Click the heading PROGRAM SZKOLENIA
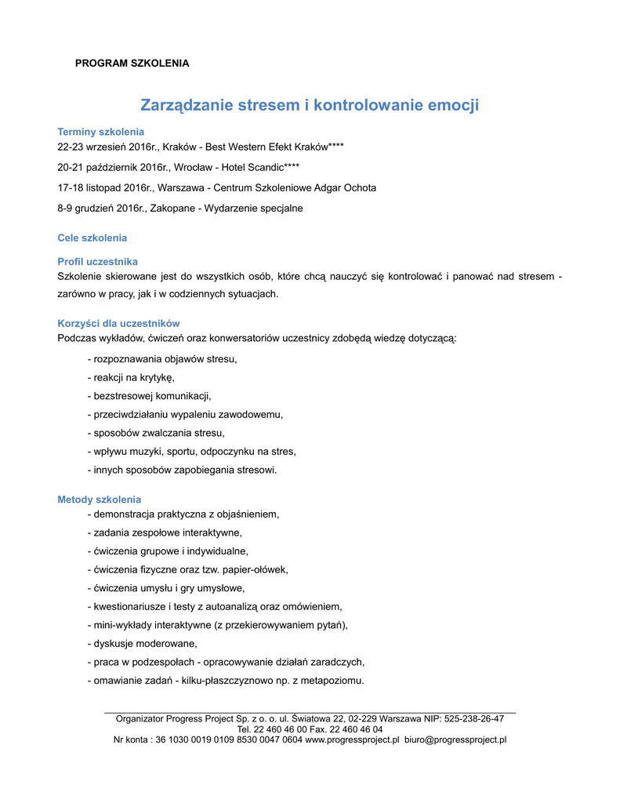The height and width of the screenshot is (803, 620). pos(132,64)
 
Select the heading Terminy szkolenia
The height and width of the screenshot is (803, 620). pos(101,132)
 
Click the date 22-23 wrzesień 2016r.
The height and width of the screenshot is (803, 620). pos(112,147)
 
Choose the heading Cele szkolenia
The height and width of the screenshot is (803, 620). pos(92,238)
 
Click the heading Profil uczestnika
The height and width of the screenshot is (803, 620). pos(98,261)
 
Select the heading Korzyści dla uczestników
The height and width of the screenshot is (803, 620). pos(118,323)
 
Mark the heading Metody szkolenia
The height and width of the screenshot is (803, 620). pos(99,500)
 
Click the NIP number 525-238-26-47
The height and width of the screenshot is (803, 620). pos(473,718)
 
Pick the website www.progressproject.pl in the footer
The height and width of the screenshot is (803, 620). pos(352,739)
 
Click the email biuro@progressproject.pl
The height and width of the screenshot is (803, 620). pos(455,739)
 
